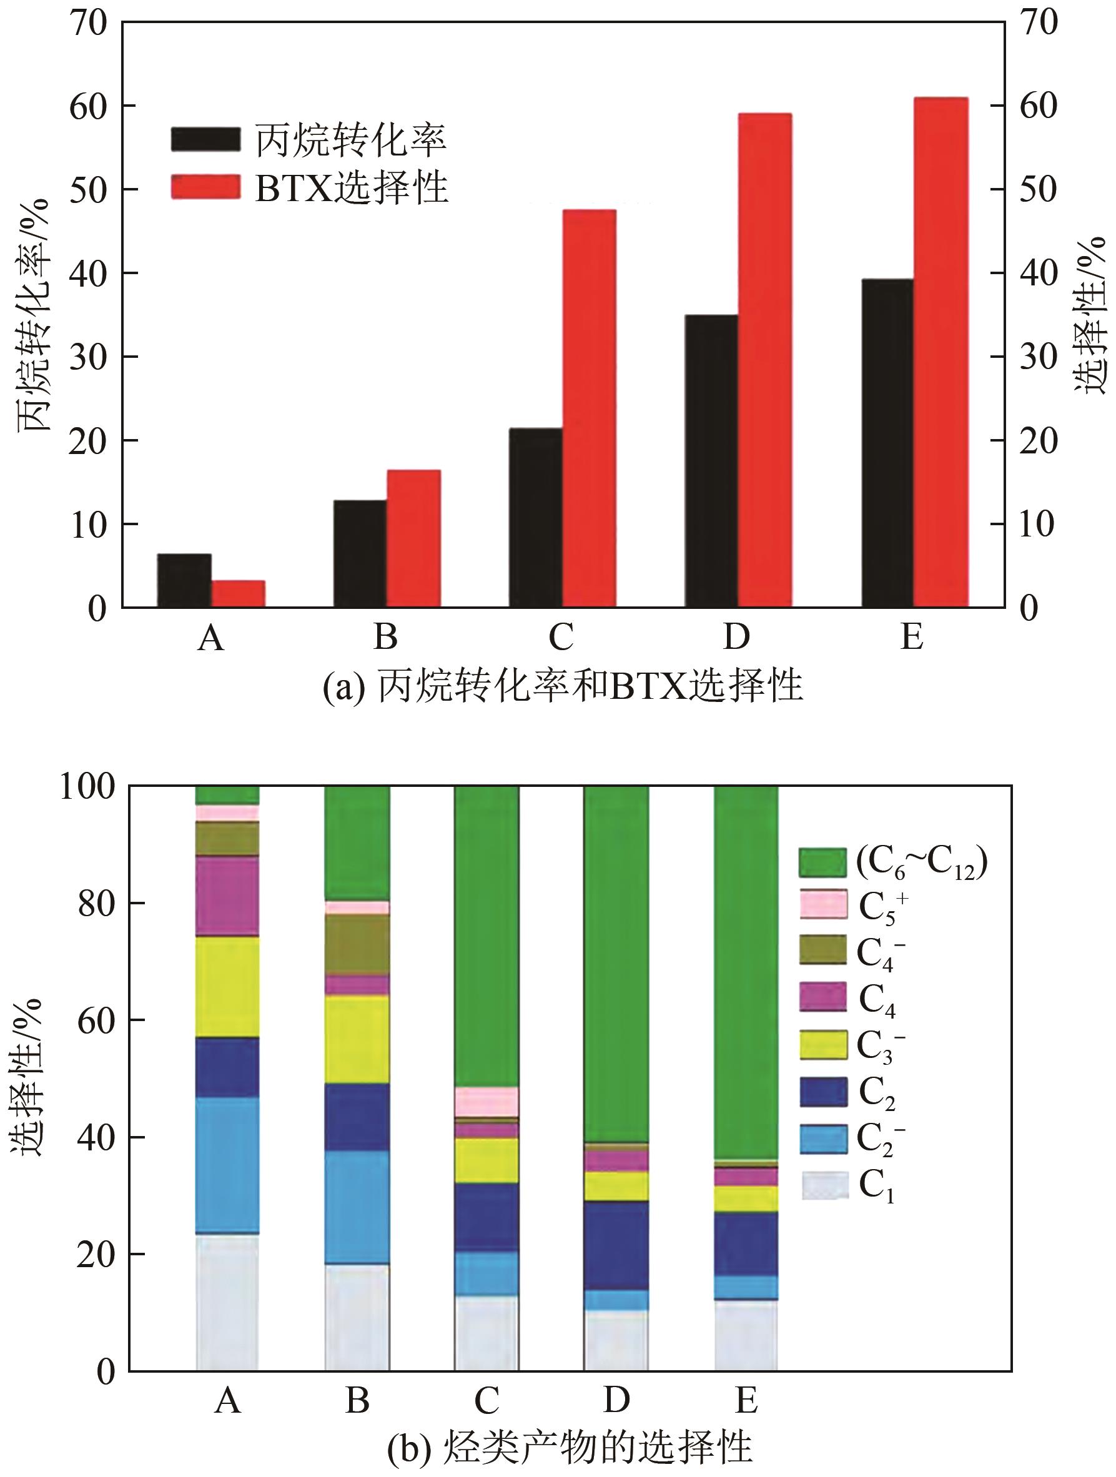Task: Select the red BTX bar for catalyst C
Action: pyautogui.click(x=589, y=408)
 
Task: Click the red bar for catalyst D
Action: pyautogui.click(x=764, y=360)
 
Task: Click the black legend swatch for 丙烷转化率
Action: pyautogui.click(x=205, y=139)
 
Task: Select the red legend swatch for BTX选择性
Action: pyautogui.click(x=205, y=186)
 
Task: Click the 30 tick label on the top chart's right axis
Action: pyautogui.click(x=1038, y=357)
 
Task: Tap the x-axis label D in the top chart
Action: pyautogui.click(x=737, y=637)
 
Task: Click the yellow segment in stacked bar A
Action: pyautogui.click(x=228, y=987)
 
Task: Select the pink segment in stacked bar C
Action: pyautogui.click(x=486, y=1101)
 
